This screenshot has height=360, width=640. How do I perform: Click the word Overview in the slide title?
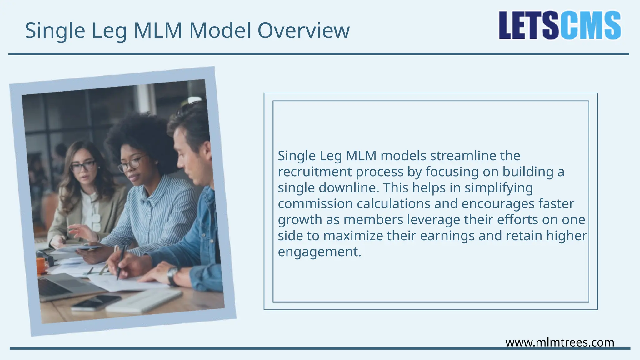[303, 31]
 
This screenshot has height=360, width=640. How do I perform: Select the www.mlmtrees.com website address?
[559, 342]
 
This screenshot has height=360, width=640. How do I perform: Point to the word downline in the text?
[348, 188]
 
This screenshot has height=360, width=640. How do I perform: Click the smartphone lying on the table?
[96, 302]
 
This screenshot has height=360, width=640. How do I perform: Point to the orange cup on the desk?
[41, 265]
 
